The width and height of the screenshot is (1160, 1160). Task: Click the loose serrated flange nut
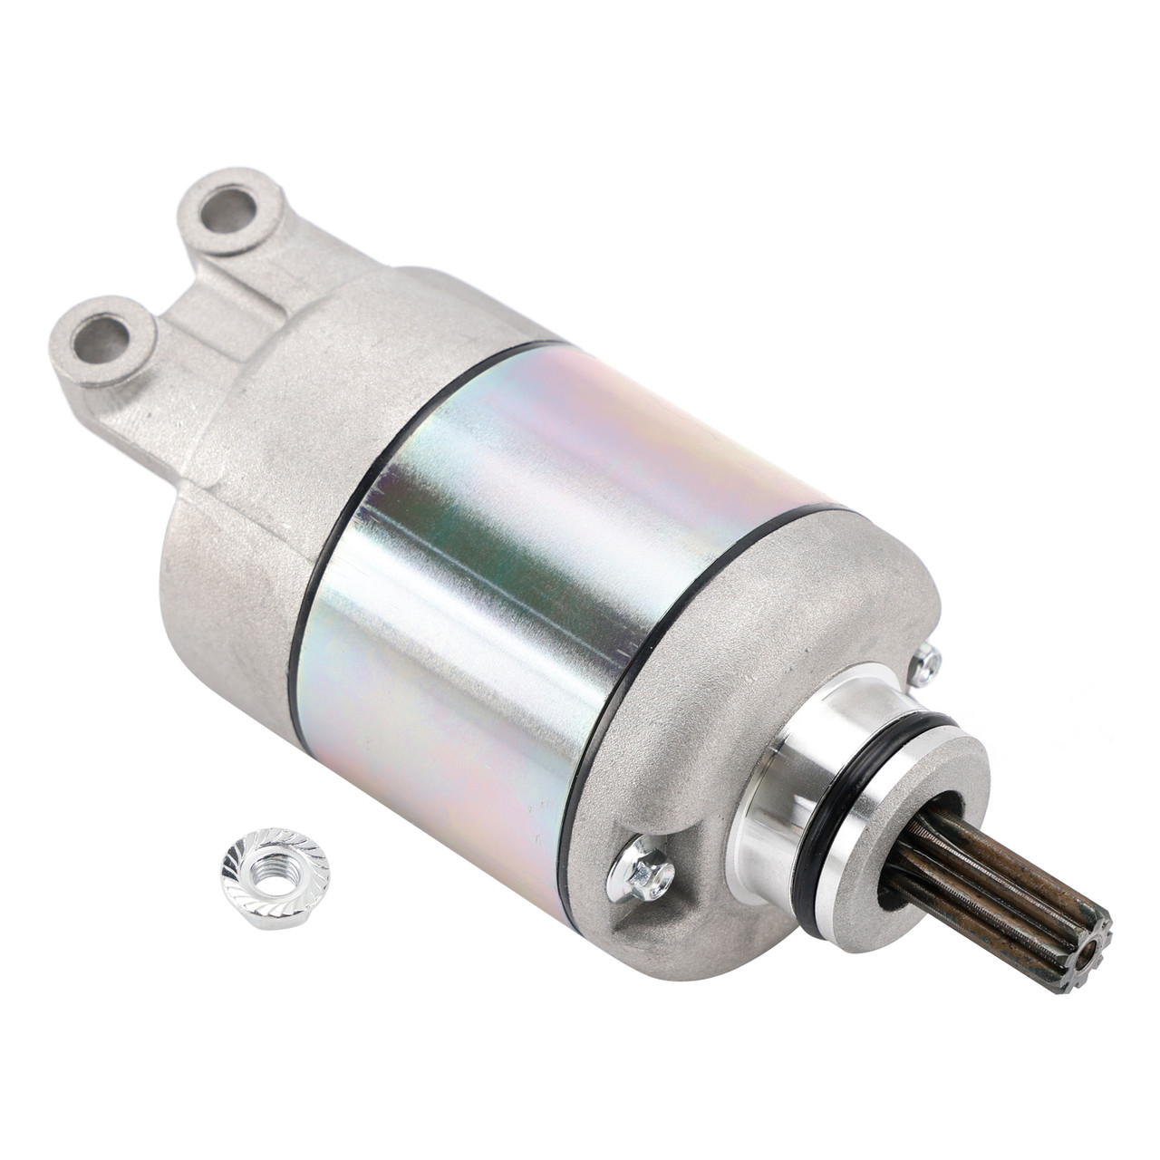pos(275,871)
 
